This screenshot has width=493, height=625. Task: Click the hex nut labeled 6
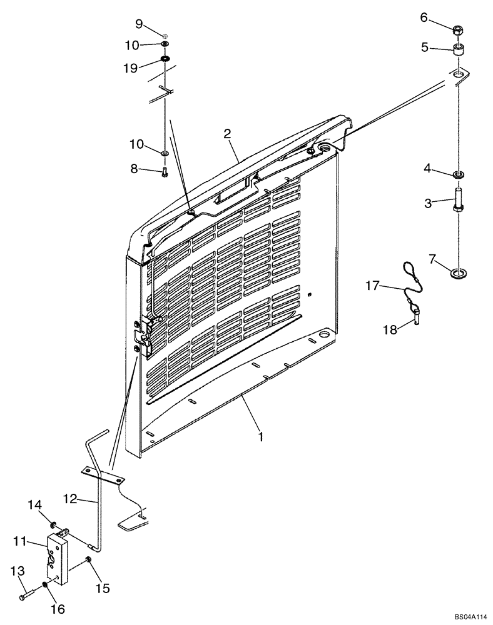(458, 29)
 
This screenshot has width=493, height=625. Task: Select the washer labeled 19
(166, 59)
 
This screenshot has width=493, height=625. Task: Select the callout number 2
(227, 133)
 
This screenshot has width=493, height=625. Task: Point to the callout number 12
(71, 498)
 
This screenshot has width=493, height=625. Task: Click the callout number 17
(372, 285)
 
